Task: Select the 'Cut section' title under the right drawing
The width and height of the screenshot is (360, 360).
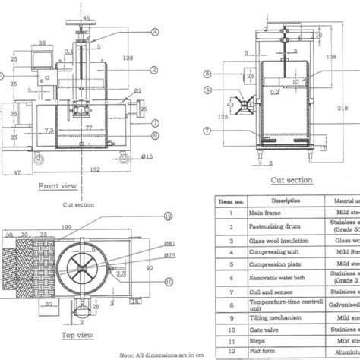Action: (291, 180)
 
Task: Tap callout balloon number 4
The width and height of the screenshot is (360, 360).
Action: (154, 33)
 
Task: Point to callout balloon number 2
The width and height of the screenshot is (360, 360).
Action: (153, 70)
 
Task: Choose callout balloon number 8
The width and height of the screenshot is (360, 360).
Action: (207, 74)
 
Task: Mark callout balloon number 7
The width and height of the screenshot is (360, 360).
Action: (207, 130)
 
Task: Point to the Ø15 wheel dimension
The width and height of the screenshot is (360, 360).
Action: (147, 156)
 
